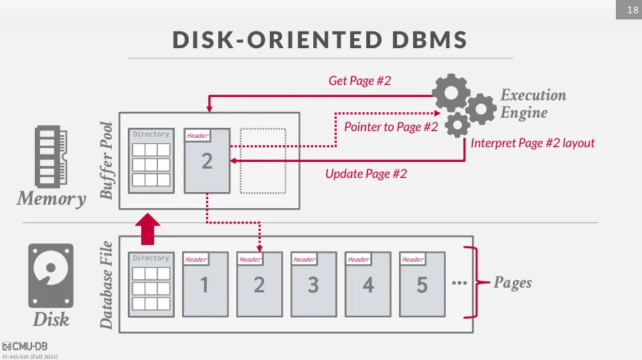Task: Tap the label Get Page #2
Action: [359, 81]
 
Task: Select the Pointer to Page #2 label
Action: [391, 126]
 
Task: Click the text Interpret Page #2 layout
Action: [532, 143]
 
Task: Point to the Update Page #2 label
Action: [366, 173]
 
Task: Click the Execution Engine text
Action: [533, 104]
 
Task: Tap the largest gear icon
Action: [451, 92]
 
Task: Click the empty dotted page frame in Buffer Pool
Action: [262, 161]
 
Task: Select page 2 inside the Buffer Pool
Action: [207, 161]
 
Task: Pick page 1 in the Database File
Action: [205, 284]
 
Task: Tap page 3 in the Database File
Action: [313, 284]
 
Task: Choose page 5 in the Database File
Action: [422, 284]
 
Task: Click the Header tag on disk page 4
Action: [358, 260]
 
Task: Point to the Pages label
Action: [512, 282]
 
